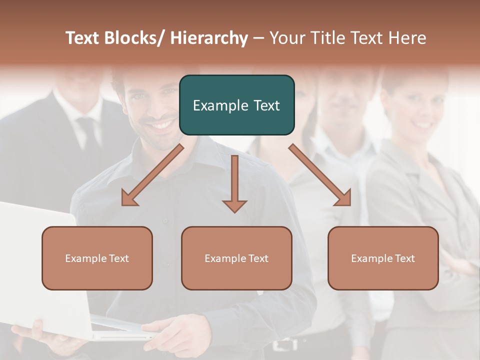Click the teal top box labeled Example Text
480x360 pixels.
coord(236,105)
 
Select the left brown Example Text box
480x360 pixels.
coord(97,258)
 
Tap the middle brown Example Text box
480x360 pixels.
coord(236,258)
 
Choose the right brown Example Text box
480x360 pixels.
coord(383,258)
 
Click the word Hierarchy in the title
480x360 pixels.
coord(208,38)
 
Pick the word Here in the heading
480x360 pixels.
coord(408,38)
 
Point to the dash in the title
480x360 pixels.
coord(258,38)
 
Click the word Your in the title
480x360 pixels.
coord(285,38)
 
